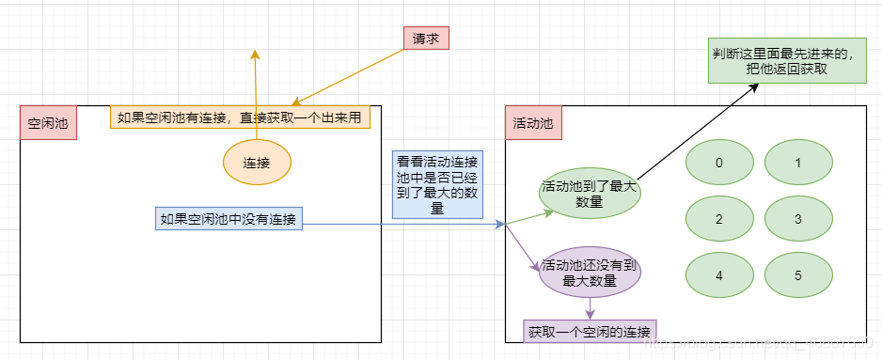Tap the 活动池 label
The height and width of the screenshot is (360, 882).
point(532,123)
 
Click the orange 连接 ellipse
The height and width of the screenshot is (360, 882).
point(257,163)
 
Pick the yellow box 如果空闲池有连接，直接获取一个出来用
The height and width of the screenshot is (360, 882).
point(240,117)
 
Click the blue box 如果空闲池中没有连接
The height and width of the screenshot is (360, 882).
point(228,220)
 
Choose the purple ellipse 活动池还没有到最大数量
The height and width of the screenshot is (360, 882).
point(590,273)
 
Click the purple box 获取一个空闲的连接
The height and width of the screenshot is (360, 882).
point(591,332)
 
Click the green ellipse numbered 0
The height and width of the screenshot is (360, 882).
point(719,163)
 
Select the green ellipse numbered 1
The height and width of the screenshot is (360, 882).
point(798,163)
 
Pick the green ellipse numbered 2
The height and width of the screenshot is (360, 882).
point(719,220)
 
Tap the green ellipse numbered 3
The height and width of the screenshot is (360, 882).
point(798,220)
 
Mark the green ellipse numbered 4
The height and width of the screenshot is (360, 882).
point(719,276)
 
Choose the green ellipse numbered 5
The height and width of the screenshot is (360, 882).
point(798,276)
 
